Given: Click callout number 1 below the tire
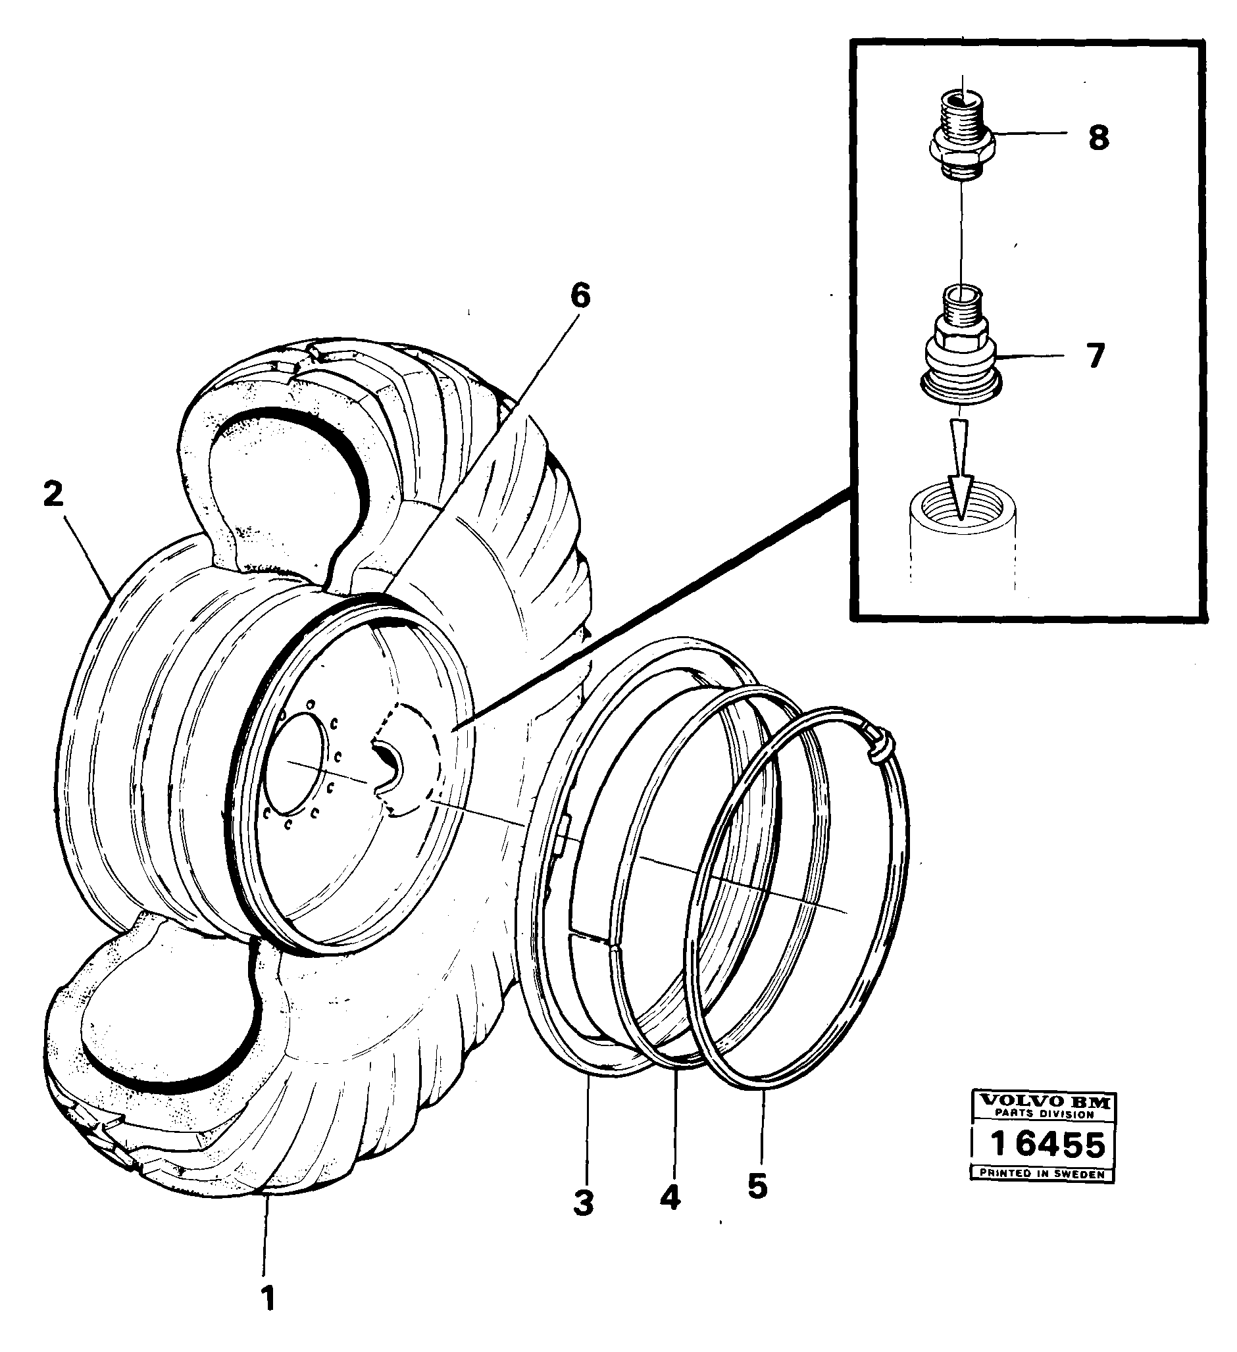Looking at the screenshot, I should click(268, 1297).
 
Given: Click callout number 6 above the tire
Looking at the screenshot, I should click(580, 296).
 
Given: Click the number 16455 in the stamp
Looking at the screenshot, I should click(1046, 1144).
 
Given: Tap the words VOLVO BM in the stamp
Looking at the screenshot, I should click(1045, 1101).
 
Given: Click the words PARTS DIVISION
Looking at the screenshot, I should click(1044, 1114).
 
